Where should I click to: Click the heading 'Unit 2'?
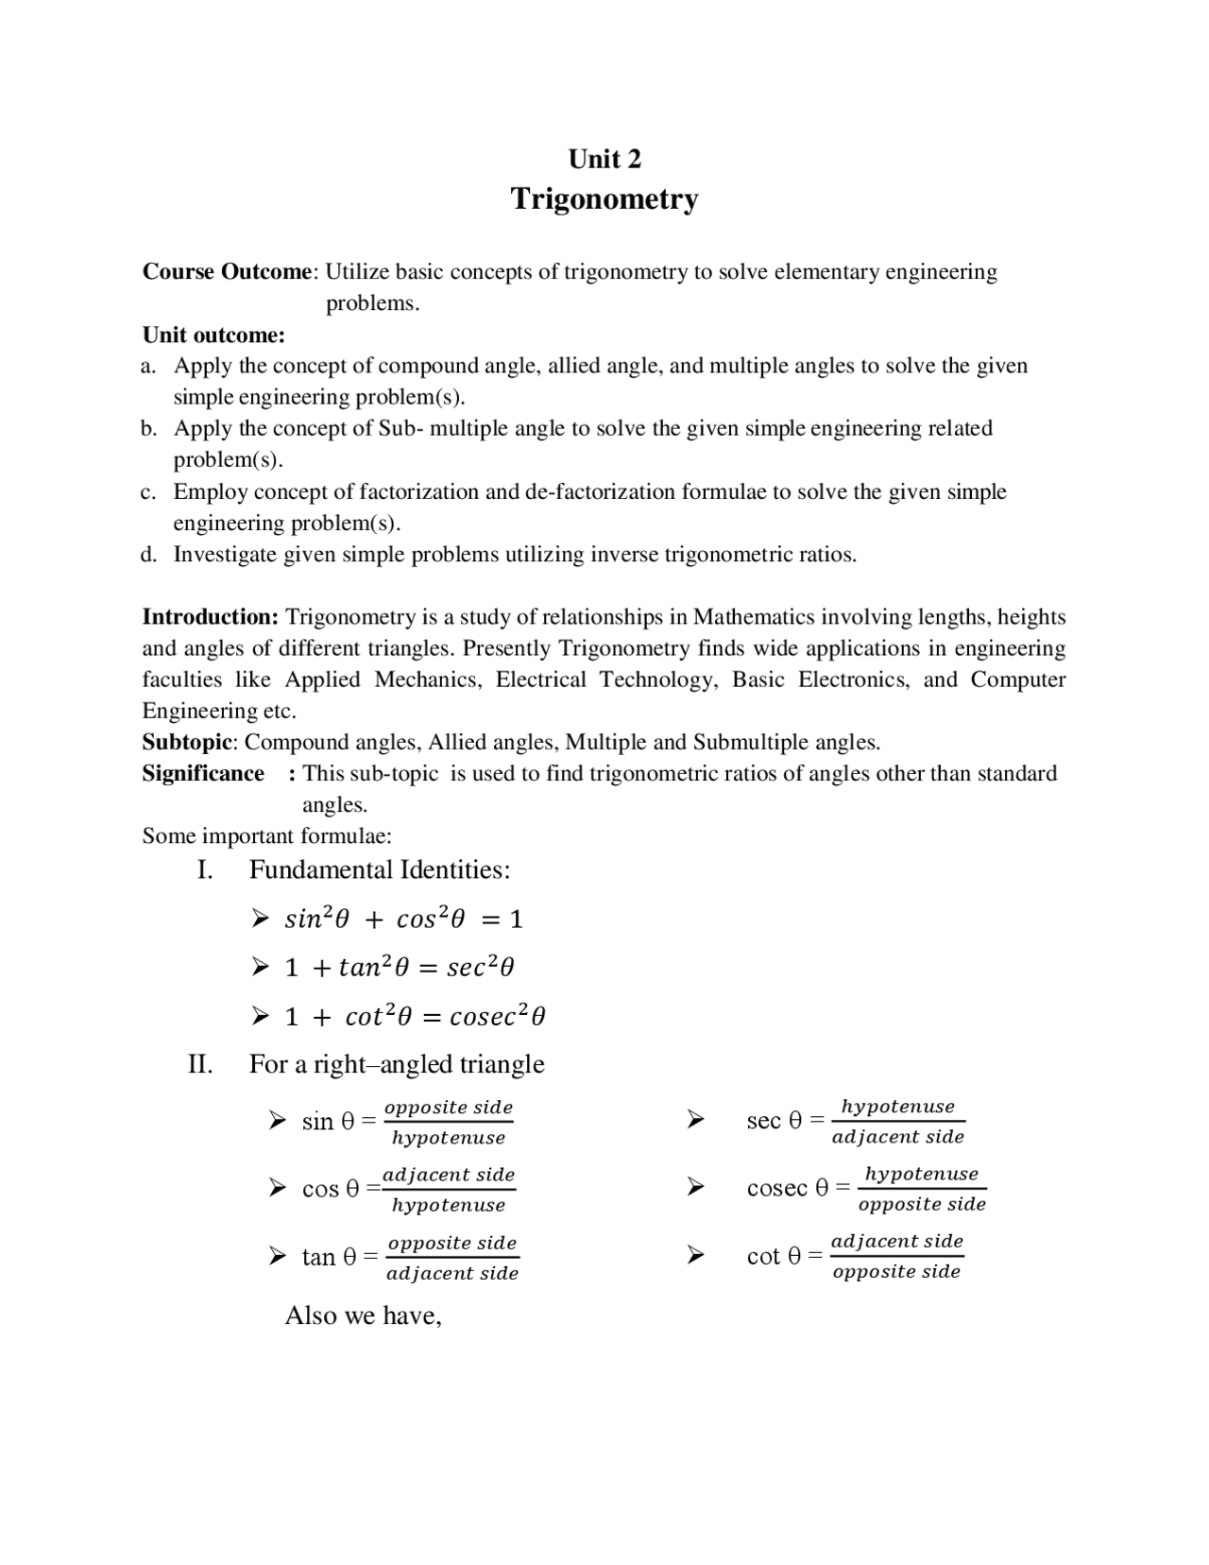tap(604, 159)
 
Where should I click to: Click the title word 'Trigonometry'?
tap(604, 199)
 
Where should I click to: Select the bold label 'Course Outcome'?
tap(227, 272)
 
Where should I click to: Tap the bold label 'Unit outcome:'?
tap(213, 335)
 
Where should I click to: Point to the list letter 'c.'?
tap(148, 491)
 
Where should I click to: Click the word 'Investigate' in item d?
tap(225, 555)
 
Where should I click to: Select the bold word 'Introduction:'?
tap(210, 617)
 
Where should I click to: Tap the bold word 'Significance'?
tap(203, 773)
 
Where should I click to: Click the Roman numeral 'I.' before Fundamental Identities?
tap(205, 869)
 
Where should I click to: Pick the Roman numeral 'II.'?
tap(200, 1064)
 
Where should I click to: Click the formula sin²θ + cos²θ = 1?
tap(403, 919)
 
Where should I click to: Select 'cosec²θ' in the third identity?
tap(498, 1017)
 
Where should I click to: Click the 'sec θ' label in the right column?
tap(774, 1120)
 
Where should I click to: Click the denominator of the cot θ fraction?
tap(896, 1272)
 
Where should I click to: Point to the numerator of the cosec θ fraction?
tap(921, 1174)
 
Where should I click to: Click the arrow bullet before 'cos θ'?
tap(277, 1188)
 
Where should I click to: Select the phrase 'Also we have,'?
tap(364, 1316)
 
